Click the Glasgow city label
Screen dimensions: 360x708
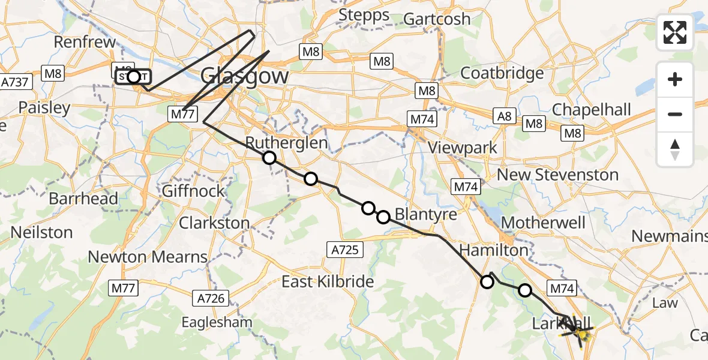point(244,76)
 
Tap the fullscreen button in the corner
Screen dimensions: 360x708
point(675,32)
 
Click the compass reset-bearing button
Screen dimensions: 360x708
point(675,149)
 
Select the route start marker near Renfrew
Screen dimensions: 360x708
point(133,76)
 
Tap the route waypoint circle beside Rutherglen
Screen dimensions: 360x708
point(269,158)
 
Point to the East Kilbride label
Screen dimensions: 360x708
point(328,281)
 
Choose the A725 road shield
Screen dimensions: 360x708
point(346,248)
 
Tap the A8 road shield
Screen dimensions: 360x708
point(504,116)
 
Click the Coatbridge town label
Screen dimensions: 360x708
point(502,73)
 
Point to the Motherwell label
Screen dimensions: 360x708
point(543,223)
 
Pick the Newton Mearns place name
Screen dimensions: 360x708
point(148,257)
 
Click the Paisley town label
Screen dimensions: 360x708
point(44,108)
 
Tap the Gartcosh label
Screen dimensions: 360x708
point(437,19)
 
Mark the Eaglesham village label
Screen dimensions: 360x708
point(217,322)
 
